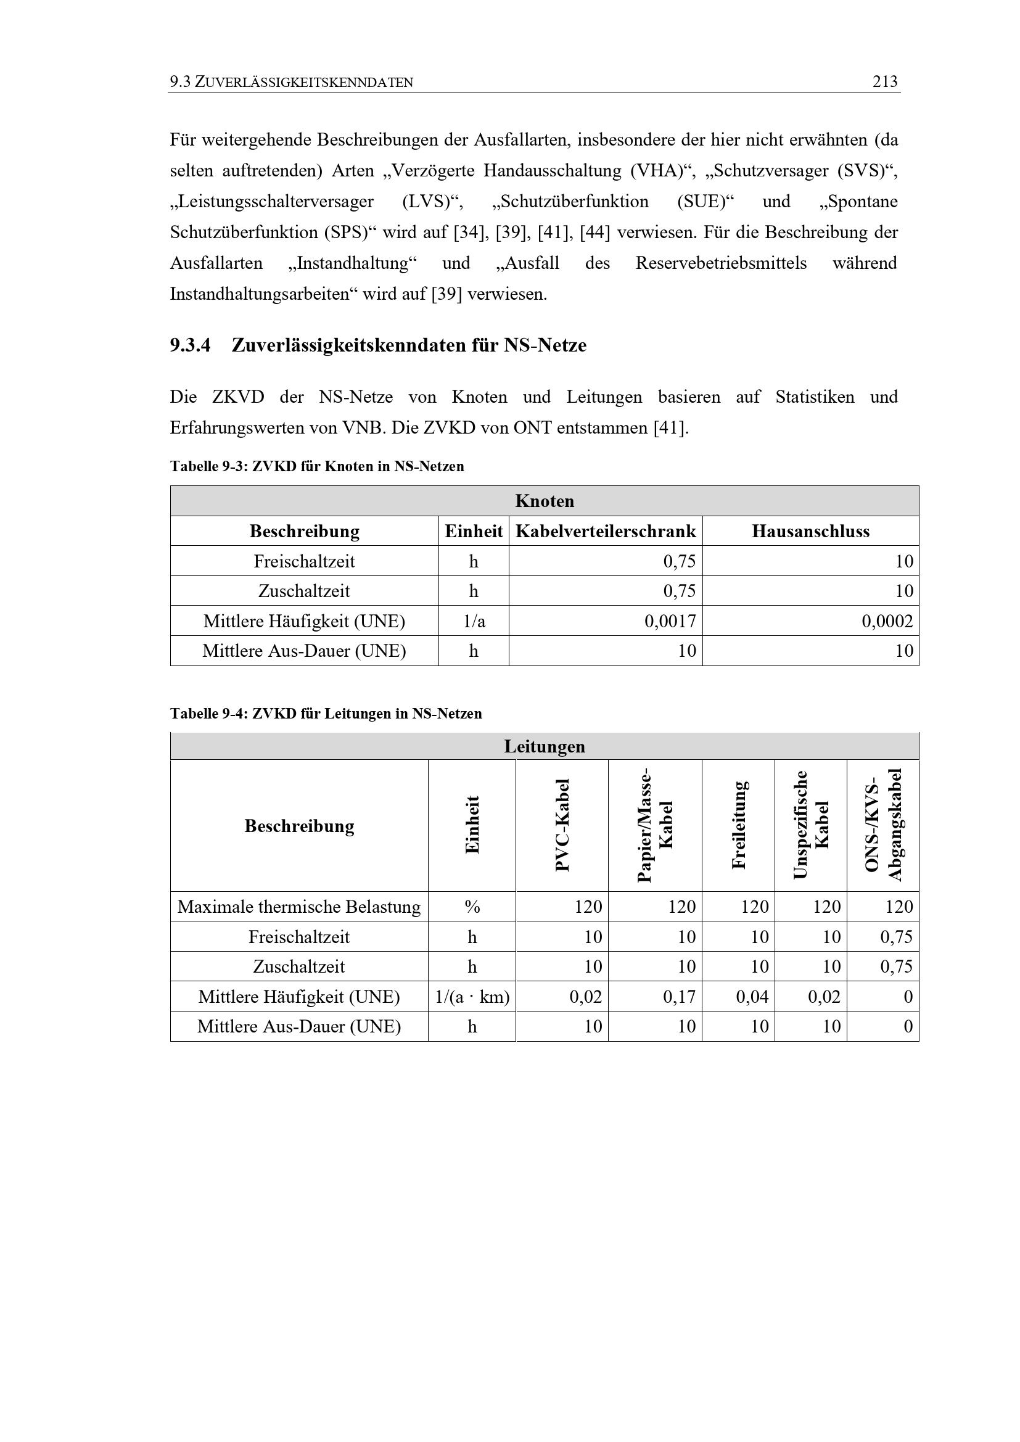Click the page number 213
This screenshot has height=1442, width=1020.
[885, 81]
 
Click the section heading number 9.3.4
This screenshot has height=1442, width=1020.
[190, 345]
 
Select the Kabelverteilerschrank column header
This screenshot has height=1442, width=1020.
[606, 531]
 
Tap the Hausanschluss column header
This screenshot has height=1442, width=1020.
[810, 531]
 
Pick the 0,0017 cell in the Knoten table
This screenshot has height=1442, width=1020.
[670, 621]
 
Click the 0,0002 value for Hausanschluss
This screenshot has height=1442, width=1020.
[887, 621]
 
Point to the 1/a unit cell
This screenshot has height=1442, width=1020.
[474, 621]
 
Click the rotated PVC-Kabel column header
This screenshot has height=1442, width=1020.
[562, 825]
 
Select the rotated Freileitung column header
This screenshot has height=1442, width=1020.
[739, 825]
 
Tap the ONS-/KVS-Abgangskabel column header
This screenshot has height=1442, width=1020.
[883, 825]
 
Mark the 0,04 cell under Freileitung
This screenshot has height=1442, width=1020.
[752, 997]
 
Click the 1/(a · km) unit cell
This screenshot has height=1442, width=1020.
[472, 997]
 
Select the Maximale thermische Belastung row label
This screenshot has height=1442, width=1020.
[299, 907]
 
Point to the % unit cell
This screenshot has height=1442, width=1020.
[472, 907]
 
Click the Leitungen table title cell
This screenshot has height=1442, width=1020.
[545, 747]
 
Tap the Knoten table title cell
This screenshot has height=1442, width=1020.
[545, 501]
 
